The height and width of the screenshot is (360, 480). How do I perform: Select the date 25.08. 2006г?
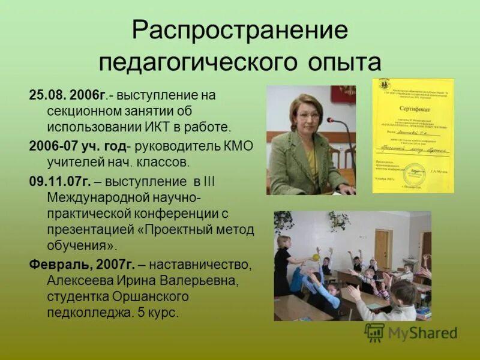68,95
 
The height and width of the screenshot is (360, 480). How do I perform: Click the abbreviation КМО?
238,146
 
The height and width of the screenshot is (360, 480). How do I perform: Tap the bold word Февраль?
58,263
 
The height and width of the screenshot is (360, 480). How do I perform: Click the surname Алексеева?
80,280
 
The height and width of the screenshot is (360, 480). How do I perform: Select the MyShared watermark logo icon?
374,332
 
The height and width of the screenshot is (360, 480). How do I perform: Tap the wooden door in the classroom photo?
381,247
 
